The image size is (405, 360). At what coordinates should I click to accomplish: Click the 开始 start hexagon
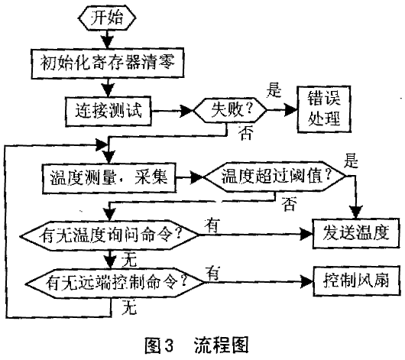click(107, 18)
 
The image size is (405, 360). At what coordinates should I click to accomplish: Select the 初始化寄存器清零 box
click(108, 63)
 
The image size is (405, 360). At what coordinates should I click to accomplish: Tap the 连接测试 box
click(108, 111)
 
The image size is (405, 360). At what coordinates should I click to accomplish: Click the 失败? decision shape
click(230, 110)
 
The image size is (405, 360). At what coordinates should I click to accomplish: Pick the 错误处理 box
click(324, 109)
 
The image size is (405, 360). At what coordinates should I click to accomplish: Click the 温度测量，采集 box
click(109, 178)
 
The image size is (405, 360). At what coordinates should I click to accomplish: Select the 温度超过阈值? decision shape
click(275, 177)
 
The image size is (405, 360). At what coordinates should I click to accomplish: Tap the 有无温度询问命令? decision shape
click(109, 235)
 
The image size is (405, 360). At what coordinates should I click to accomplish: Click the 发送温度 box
click(356, 234)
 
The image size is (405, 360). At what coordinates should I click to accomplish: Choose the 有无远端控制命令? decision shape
click(115, 283)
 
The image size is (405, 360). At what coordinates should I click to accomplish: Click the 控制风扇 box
click(356, 281)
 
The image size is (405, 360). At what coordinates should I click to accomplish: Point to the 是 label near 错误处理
click(274, 90)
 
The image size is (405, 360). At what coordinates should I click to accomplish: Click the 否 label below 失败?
click(245, 133)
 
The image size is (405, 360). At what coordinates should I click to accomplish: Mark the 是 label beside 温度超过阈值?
click(351, 161)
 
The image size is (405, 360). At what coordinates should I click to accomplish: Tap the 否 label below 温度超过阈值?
click(290, 204)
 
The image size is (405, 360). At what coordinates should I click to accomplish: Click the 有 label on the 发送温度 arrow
click(212, 225)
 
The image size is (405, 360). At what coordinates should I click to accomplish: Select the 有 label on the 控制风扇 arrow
click(213, 274)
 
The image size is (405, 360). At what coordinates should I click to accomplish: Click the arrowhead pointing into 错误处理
click(291, 110)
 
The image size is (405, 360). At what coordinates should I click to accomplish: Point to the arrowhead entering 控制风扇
click(307, 281)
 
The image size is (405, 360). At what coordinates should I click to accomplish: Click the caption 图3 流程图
click(196, 345)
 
